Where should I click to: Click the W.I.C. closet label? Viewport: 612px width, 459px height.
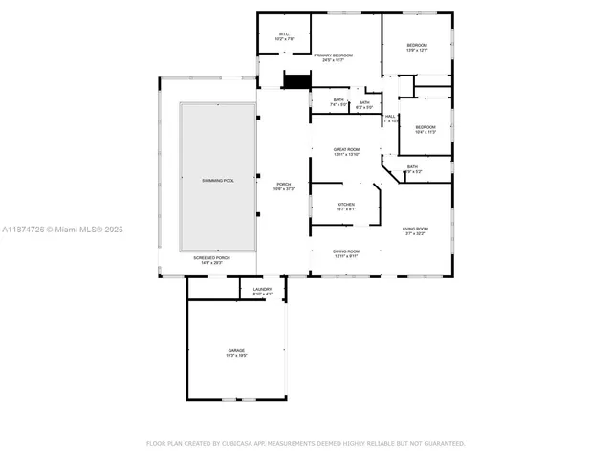284,37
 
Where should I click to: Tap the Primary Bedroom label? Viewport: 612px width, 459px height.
334,57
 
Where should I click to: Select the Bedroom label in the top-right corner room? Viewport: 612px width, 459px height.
417,48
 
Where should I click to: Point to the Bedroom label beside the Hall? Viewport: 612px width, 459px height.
425,129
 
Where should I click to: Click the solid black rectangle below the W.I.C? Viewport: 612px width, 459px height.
298,80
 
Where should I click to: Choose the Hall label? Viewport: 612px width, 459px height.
390,119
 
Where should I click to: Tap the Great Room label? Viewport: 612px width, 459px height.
346,152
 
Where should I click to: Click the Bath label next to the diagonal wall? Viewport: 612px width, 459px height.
412,169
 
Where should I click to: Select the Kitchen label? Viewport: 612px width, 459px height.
346,206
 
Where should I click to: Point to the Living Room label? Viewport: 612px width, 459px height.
415,230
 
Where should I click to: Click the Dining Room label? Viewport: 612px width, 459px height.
346,253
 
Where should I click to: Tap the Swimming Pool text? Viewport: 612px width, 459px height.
218,180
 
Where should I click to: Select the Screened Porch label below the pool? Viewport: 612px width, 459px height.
212,260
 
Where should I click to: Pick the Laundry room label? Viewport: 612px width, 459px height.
262,291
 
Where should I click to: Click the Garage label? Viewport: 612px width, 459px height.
236,352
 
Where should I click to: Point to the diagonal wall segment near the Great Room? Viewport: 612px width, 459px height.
391,173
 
